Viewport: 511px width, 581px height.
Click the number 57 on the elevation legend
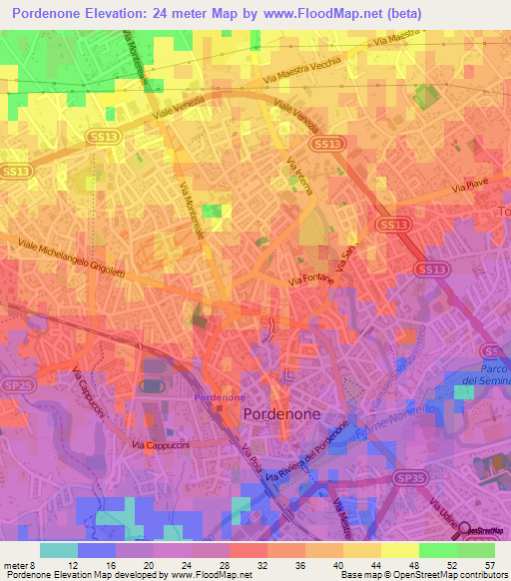[x=489, y=564]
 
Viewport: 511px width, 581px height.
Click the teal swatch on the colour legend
[x=58, y=550]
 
